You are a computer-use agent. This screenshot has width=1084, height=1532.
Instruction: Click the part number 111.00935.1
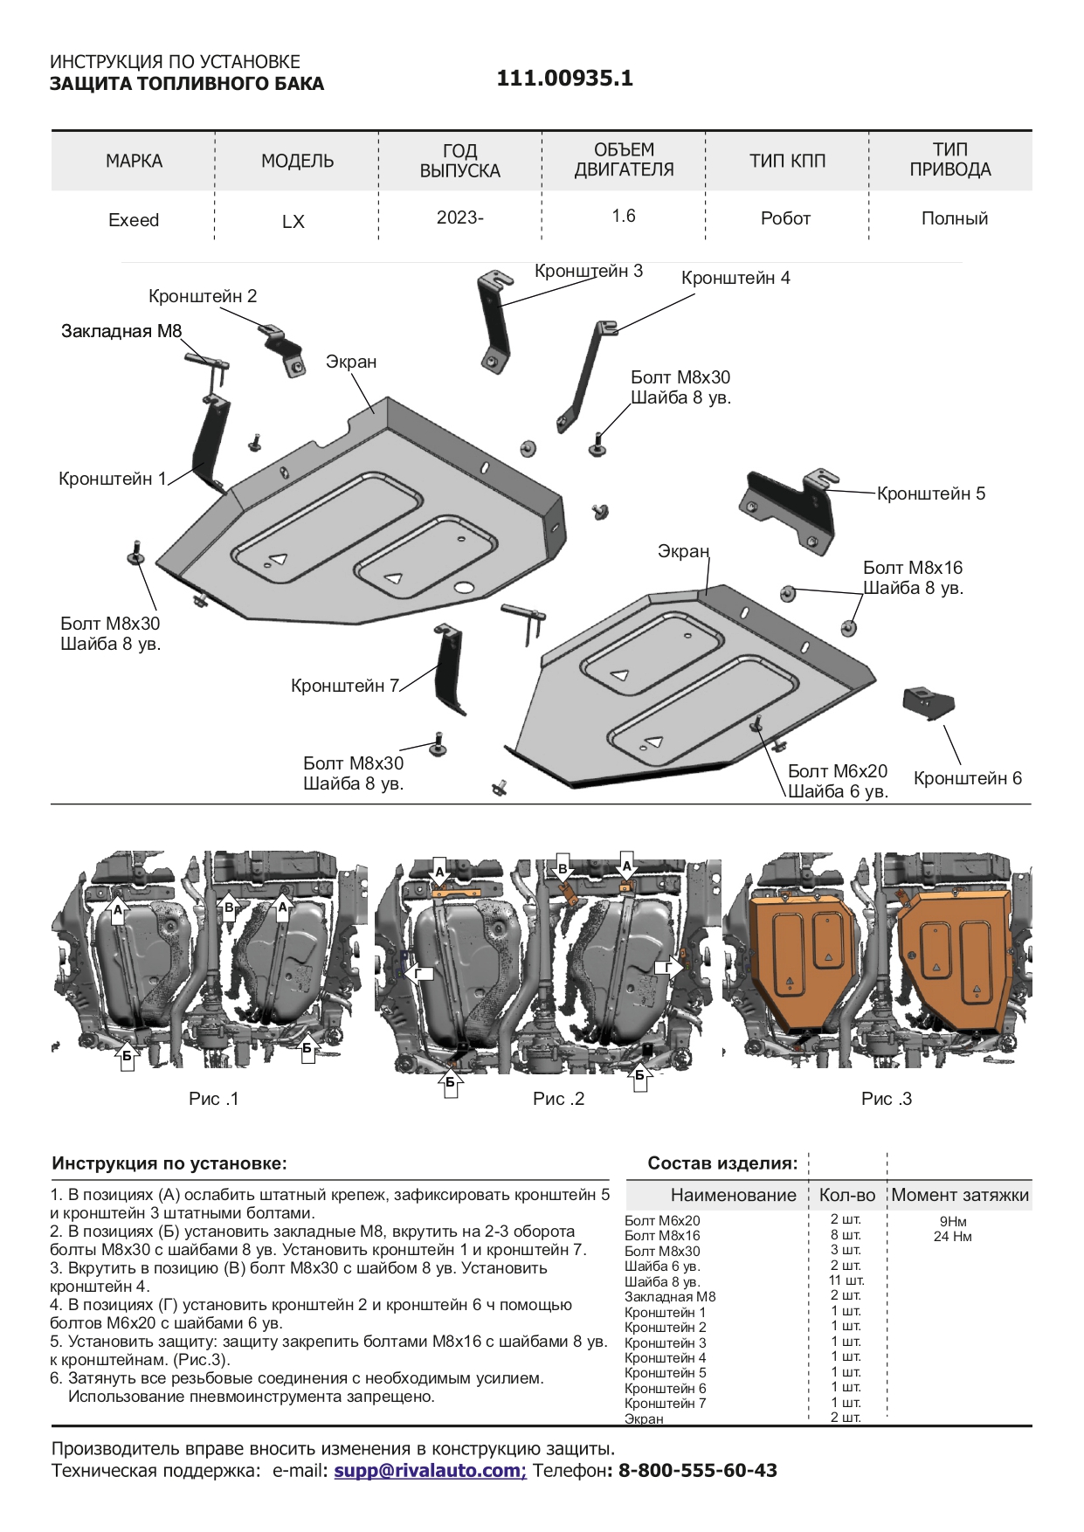564,79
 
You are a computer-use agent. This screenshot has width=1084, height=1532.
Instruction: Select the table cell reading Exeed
134,220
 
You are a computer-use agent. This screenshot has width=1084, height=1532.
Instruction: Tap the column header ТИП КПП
787,161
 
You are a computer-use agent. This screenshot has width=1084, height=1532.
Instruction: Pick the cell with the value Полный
954,218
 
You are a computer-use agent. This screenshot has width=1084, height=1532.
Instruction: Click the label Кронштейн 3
589,271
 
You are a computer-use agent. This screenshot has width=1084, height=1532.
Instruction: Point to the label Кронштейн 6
967,778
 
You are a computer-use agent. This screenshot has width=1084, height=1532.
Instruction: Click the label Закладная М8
121,331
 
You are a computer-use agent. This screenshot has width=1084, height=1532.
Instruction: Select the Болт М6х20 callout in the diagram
838,771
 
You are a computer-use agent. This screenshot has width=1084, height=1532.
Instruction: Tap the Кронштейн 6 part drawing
928,701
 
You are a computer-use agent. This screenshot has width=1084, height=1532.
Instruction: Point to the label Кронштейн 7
345,686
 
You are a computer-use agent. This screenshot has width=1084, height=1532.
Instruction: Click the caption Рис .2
558,1099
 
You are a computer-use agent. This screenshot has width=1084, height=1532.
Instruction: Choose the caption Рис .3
886,1099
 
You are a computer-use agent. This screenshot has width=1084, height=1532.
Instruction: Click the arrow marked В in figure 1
229,907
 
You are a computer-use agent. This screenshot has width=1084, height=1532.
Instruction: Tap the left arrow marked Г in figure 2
419,974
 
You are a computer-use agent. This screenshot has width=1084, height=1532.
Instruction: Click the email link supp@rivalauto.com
430,1470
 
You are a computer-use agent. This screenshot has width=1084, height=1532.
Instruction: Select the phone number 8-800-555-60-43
697,1470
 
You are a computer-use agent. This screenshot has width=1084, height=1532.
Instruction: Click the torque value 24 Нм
952,1237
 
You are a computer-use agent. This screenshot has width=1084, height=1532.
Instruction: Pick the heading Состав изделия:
722,1163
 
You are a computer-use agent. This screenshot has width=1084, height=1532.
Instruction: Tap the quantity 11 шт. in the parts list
846,1281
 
